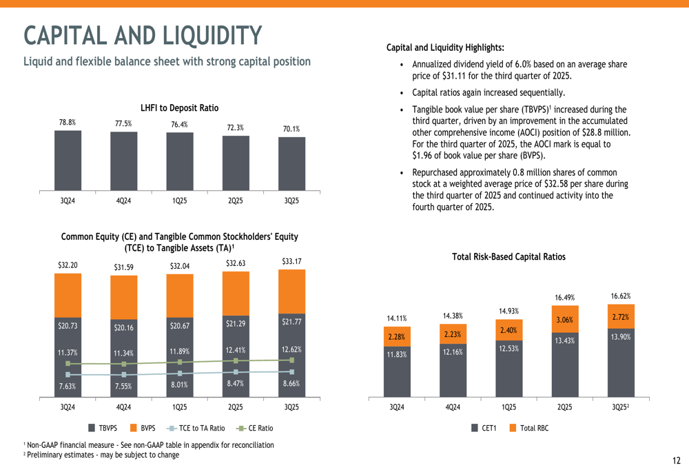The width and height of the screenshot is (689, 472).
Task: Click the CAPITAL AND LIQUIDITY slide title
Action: coord(143,35)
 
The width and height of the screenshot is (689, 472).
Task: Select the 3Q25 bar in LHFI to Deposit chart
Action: coord(291,163)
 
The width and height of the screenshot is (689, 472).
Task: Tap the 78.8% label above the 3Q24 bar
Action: coord(67,122)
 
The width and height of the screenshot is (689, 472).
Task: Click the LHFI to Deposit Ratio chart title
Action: coord(179,107)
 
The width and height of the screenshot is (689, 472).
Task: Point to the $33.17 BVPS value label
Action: coord(291,261)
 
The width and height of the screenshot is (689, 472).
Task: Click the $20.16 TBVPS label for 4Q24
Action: coord(123,327)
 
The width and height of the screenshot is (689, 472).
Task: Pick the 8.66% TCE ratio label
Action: coord(291,383)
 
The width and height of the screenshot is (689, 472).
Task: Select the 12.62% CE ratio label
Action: coord(291,349)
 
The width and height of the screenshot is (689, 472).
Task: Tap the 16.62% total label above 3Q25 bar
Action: coord(620,296)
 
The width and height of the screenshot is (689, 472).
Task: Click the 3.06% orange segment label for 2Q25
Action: coord(564,319)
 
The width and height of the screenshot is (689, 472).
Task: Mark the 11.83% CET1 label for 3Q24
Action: coord(396,354)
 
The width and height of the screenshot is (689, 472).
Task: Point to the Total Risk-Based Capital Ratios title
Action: coord(508,256)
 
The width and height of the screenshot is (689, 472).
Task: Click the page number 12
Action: coord(676,460)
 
